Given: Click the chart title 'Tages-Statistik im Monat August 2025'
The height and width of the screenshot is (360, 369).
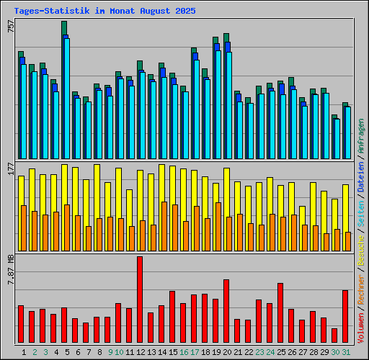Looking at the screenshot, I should pyautogui.click(x=105, y=12).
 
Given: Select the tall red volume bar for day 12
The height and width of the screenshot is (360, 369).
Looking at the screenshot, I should pyautogui.click(x=140, y=300).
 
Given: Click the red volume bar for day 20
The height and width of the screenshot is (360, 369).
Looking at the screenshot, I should pyautogui.click(x=226, y=312).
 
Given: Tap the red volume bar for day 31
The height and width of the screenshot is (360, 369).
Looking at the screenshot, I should pyautogui.click(x=345, y=317).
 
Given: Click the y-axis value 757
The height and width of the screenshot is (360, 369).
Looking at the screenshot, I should pyautogui.click(x=10, y=26).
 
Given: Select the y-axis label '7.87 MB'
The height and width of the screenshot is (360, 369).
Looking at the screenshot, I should pyautogui.click(x=10, y=269).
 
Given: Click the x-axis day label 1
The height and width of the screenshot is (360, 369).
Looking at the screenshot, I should pyautogui.click(x=25, y=352).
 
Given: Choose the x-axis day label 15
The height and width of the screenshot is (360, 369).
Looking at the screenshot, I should pyautogui.click(x=173, y=352).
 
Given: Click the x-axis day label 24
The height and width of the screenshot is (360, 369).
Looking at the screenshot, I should pyautogui.click(x=270, y=352).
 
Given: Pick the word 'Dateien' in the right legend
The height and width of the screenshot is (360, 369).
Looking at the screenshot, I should pyautogui.click(x=362, y=179).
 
